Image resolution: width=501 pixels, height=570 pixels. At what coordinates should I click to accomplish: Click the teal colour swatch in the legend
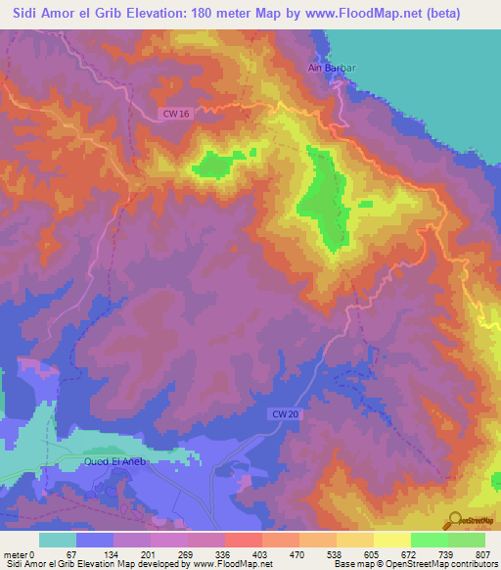[x=58, y=540]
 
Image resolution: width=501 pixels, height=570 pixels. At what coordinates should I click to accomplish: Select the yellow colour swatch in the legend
[x=391, y=540]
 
